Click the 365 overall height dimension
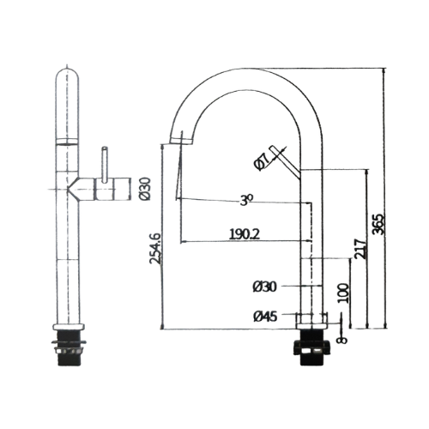(x=379, y=224)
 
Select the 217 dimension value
(x=360, y=249)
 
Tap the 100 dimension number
(x=343, y=293)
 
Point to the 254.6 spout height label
(x=155, y=248)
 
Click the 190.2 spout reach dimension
(x=245, y=234)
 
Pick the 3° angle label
(x=246, y=200)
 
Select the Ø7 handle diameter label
(x=261, y=162)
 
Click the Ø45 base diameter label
(x=265, y=317)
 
